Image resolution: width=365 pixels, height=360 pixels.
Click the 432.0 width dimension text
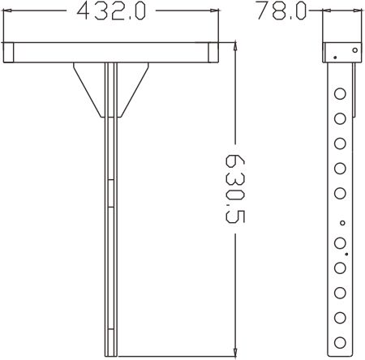pyautogui.click(x=110, y=11)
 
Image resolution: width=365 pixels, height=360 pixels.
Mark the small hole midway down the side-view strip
pyautogui.click(x=342, y=222)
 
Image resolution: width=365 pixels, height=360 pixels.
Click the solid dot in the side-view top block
pyautogui.click(x=333, y=58)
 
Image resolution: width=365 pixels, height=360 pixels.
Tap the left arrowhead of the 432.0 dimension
pyautogui.click(x=6, y=11)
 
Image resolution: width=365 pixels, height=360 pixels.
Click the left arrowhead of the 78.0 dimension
pyautogui.click(x=326, y=11)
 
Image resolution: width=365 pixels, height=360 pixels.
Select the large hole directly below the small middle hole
pyautogui.click(x=340, y=242)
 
